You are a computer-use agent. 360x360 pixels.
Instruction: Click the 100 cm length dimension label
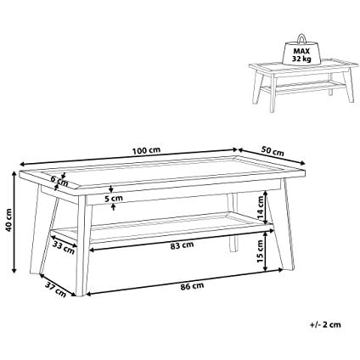[146, 150]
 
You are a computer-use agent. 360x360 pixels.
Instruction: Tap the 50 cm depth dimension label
[273, 151]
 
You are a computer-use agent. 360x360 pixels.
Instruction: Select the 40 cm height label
[9, 220]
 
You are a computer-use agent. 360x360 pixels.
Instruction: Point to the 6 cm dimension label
[59, 181]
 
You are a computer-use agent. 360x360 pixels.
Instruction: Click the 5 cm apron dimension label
[114, 198]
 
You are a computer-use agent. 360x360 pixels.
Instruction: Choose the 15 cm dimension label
[261, 251]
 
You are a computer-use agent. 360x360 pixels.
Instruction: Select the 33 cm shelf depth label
[64, 247]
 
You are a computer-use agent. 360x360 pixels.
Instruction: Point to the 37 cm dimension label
[56, 290]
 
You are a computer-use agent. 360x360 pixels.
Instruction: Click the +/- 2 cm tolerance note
[325, 324]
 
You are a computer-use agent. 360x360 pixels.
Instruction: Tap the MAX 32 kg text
[301, 55]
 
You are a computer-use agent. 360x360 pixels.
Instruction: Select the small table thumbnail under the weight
[301, 85]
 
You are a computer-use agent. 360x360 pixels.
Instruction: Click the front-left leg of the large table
[83, 245]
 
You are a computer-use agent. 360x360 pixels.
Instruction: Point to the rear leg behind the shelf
[233, 222]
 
